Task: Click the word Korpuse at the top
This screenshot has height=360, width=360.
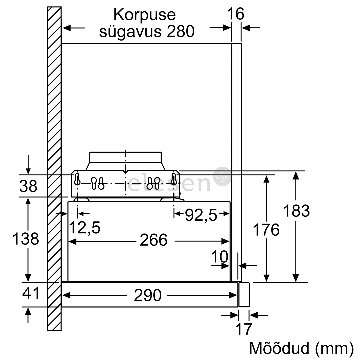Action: click(145, 15)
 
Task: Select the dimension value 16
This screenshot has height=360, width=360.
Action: click(236, 14)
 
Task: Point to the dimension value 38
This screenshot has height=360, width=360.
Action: click(28, 186)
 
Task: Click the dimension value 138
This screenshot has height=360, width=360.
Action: click(25, 239)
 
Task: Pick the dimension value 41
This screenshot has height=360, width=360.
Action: click(31, 293)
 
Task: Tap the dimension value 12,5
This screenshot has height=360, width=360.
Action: click(84, 228)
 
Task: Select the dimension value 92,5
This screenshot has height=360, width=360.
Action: click(201, 215)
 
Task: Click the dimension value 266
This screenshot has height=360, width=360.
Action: click(154, 240)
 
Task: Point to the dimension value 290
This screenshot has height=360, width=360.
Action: click(148, 295)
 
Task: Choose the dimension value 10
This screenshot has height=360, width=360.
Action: click(220, 257)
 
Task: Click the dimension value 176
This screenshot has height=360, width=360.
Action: click(266, 230)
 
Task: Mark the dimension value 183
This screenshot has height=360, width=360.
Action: click(296, 211)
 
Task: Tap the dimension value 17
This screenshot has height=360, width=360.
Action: click(244, 329)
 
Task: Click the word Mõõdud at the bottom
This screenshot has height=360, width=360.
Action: click(279, 348)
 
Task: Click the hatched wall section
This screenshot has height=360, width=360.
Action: click(54, 169)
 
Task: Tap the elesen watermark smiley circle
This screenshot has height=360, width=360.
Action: click(222, 176)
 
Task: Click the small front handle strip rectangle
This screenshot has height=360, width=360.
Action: click(244, 295)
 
